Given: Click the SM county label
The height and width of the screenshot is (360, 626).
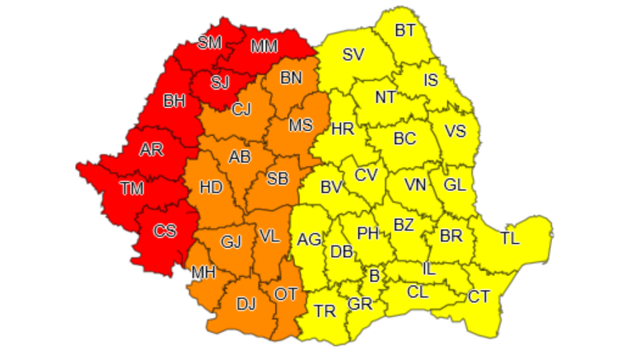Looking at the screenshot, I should click(210, 42).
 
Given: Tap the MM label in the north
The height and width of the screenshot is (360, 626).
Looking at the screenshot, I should click(264, 47).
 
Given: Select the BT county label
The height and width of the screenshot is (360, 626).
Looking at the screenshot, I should click(405, 30).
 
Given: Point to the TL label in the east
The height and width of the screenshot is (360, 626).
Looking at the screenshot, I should click(510, 239).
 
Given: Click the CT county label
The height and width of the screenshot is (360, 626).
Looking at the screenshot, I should click(479, 296).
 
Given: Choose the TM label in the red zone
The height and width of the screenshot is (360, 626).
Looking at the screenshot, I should click(131, 189).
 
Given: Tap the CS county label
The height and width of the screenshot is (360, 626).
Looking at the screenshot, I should click(165, 231).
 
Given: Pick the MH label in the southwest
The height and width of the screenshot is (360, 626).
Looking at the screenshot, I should click(203, 272).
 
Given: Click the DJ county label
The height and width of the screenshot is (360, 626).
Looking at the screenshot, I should click(245, 304).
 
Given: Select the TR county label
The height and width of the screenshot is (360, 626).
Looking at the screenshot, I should click(325, 311).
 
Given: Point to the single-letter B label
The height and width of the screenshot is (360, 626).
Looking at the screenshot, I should click(374, 276).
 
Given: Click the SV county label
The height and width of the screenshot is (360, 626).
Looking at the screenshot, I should click(353, 55).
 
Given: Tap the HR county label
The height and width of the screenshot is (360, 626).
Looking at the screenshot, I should click(342, 129).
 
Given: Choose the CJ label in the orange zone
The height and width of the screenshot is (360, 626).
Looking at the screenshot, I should click(241, 109).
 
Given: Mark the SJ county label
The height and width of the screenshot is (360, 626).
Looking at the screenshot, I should click(219, 82).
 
